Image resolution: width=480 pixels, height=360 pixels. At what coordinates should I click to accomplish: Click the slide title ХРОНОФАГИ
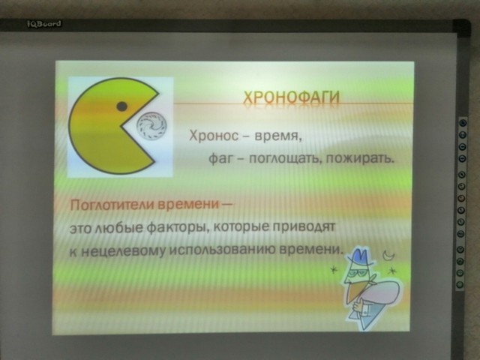(292, 97)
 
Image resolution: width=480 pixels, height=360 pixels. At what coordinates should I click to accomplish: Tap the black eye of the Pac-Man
(122, 106)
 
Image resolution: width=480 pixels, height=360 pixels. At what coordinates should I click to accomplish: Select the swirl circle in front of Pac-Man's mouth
(151, 127)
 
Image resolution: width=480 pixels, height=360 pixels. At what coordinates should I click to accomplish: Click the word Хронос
(213, 135)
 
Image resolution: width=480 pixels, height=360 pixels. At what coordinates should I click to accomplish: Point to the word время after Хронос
(278, 136)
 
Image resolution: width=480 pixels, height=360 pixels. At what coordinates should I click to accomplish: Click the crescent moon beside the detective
(389, 255)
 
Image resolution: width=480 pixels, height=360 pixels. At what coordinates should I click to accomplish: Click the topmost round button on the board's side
(463, 123)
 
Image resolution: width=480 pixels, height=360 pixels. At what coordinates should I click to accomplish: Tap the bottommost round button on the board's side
(460, 284)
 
